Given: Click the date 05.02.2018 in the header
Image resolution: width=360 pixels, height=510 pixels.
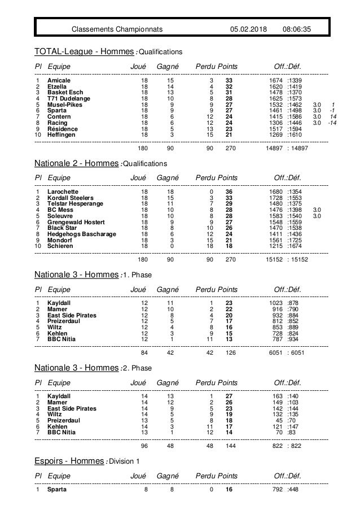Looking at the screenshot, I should (249, 28).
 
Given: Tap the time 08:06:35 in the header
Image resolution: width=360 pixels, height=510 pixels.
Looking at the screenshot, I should (300, 28).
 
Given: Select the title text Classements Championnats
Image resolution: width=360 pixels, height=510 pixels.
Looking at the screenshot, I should (117, 28).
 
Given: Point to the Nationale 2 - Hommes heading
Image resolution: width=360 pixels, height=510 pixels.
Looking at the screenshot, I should (77, 163).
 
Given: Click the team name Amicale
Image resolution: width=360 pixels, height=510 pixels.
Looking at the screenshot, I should (59, 81).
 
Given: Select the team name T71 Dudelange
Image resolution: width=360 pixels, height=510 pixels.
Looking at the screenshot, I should (68, 98).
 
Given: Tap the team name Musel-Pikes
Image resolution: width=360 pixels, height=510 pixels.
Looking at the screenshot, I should (64, 104).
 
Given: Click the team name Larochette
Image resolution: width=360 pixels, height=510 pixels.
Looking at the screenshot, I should (63, 192).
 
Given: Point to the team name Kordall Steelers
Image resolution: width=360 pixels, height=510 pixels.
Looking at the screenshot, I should (71, 198).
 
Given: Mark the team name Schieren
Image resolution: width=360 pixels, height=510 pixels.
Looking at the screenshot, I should (60, 246).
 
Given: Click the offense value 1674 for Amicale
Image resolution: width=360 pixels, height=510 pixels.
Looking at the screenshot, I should (276, 81).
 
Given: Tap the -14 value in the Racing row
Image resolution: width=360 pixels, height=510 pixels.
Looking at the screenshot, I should (333, 123).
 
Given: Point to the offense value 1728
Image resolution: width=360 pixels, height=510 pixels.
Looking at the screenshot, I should (276, 198).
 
